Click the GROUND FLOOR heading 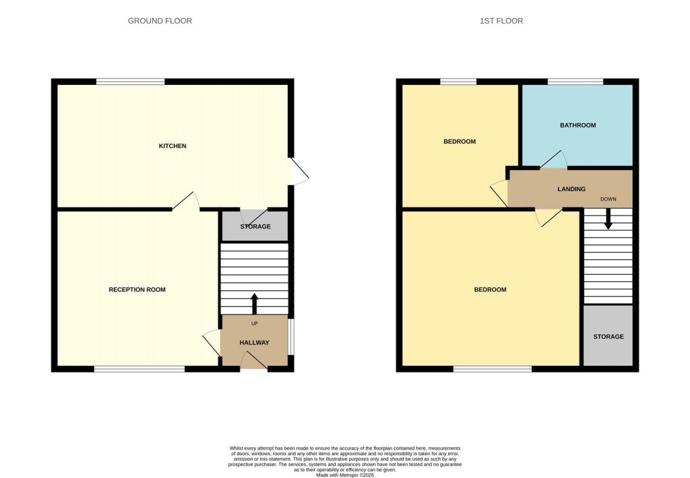pos(160,21)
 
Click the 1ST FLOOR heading pos(501,21)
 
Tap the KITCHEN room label pos(172,146)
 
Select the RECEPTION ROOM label pos(137,289)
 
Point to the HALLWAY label pos(254,343)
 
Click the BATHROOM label pos(577,125)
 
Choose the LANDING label pos(571,189)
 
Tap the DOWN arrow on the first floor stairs pos(608,219)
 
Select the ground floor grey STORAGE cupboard pos(255,226)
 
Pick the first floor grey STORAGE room pos(608,337)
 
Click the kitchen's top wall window pos(130,82)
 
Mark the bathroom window pos(575,82)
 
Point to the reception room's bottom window pos(139,369)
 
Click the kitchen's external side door pos(299,172)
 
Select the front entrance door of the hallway pos(253,363)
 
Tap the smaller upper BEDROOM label pos(459,141)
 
